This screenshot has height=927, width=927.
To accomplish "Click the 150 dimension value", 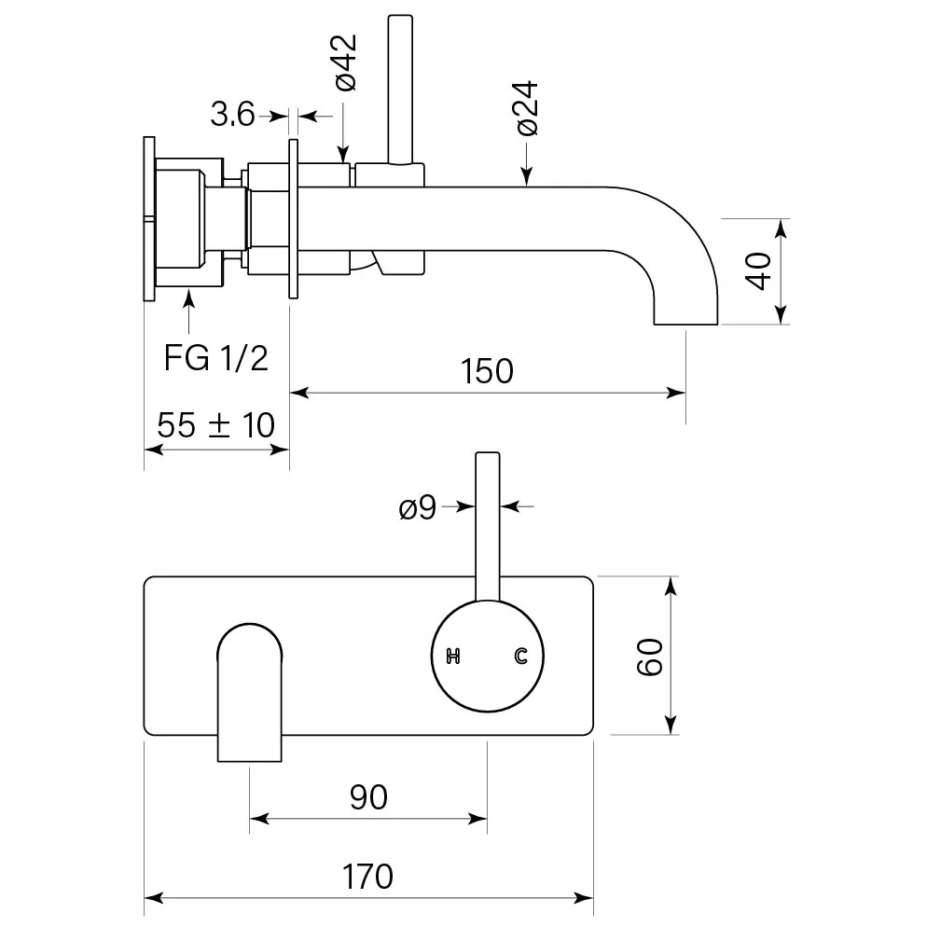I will point(487,371).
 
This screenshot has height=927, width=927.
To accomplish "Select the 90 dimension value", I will point(368,796).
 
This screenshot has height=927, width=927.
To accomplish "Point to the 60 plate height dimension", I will point(651,656).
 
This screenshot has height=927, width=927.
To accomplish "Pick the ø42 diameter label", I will point(344,62).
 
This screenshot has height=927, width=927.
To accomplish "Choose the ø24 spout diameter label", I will point(527,110).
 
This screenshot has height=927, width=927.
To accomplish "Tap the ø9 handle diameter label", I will point(417,508).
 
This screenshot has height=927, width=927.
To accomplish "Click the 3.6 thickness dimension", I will point(232,115).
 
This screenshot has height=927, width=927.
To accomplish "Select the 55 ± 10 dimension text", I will point(216,426).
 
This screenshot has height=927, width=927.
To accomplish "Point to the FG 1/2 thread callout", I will point(216,357).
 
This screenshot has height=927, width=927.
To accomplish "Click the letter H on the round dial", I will point(454,657).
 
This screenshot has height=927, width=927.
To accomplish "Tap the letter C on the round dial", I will point(521,657).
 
